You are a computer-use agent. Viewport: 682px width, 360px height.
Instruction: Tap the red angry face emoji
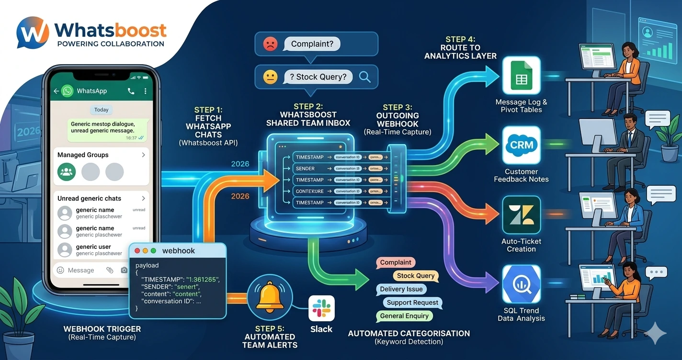[270, 45]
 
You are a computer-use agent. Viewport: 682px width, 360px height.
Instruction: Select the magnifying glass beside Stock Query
[364, 77]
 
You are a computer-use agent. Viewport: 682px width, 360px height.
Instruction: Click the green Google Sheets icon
[521, 76]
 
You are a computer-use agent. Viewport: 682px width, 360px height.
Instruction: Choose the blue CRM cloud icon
[521, 145]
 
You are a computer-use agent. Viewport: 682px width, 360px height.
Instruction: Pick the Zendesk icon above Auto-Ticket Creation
[521, 214]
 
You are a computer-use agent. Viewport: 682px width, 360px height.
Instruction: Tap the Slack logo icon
[321, 308]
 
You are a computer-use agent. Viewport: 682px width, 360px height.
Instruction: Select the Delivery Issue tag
[401, 289]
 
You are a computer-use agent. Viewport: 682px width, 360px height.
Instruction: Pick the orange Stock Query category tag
[416, 275]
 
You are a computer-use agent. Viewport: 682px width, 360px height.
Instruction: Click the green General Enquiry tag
[404, 316]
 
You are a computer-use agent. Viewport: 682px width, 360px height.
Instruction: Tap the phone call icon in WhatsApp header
[131, 90]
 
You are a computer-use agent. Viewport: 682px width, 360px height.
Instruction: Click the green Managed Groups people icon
[67, 171]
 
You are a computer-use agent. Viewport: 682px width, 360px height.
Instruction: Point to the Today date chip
[101, 110]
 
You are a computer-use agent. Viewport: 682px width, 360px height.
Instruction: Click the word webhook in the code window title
[178, 251]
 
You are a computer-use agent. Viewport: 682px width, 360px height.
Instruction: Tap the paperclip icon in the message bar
[110, 270]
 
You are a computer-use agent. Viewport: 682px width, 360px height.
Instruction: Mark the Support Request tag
[412, 303]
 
